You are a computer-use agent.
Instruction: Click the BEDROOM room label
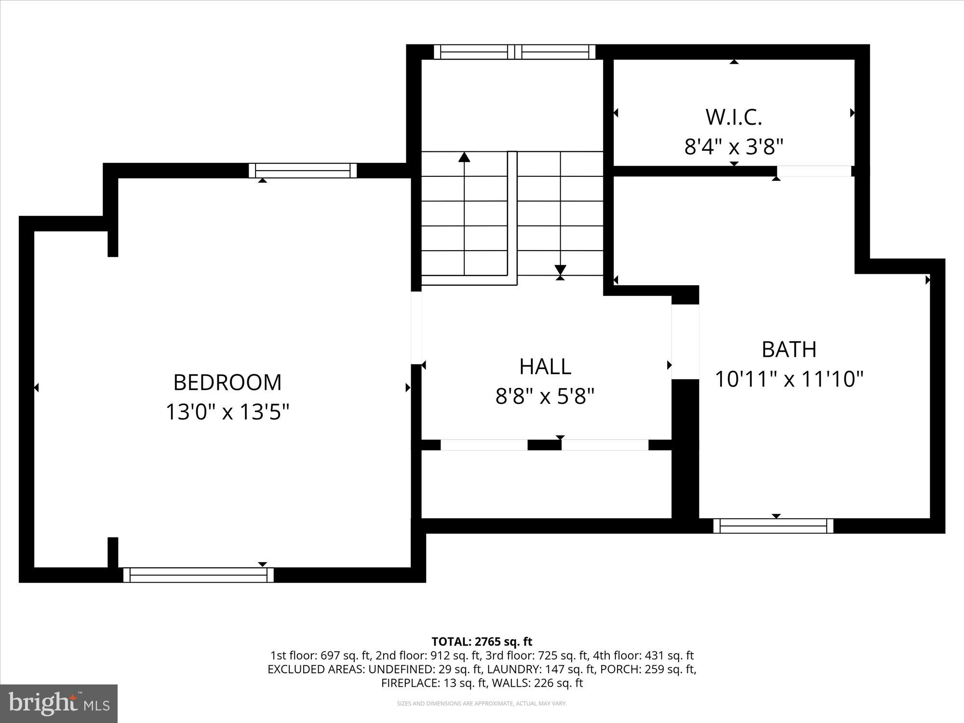[x=227, y=382]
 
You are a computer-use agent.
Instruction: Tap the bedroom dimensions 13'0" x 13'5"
[x=227, y=412]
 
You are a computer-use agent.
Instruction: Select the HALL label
[x=545, y=367]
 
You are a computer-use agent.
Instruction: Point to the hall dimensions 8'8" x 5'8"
[x=545, y=397]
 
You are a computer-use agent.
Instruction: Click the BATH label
[x=789, y=349]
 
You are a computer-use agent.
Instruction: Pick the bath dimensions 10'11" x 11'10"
[x=789, y=379]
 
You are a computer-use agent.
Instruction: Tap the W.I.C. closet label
[x=734, y=117]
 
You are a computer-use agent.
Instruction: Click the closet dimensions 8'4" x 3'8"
[x=734, y=147]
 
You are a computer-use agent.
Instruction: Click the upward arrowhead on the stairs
[x=464, y=157]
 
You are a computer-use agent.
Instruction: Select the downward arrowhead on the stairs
[x=560, y=269]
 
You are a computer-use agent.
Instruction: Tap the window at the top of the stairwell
[x=514, y=52]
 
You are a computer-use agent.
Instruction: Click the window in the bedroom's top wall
[x=303, y=171]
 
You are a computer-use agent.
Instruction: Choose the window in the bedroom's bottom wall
[x=198, y=575]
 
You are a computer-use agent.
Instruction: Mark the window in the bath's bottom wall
[x=773, y=526]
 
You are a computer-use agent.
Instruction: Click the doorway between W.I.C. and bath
[x=814, y=171]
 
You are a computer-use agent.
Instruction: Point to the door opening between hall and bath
[x=685, y=342]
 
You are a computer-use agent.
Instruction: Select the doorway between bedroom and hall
[x=416, y=328]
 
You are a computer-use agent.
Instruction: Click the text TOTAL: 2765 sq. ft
[x=482, y=642]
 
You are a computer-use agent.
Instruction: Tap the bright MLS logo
[x=59, y=704]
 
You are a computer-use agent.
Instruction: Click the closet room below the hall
[x=546, y=484]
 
